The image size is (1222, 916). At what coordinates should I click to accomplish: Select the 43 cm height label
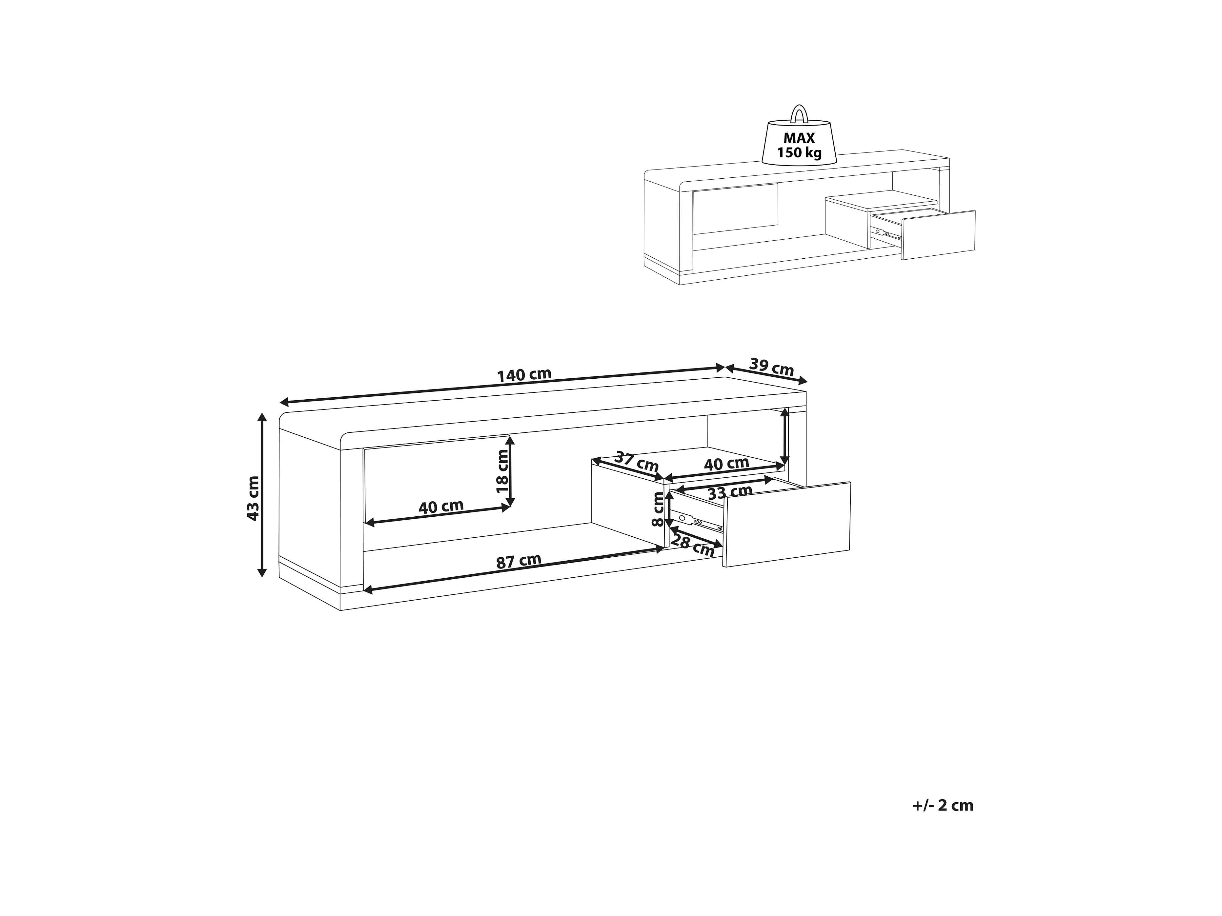coord(253,497)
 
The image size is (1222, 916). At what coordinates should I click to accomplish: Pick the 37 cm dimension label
coord(636,462)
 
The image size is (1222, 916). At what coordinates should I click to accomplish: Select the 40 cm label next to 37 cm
coord(726,464)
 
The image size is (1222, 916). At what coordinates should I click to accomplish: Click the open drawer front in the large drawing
coord(787,524)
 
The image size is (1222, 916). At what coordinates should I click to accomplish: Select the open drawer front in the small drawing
coord(938,235)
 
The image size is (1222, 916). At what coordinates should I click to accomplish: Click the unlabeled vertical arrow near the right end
coord(785,436)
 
